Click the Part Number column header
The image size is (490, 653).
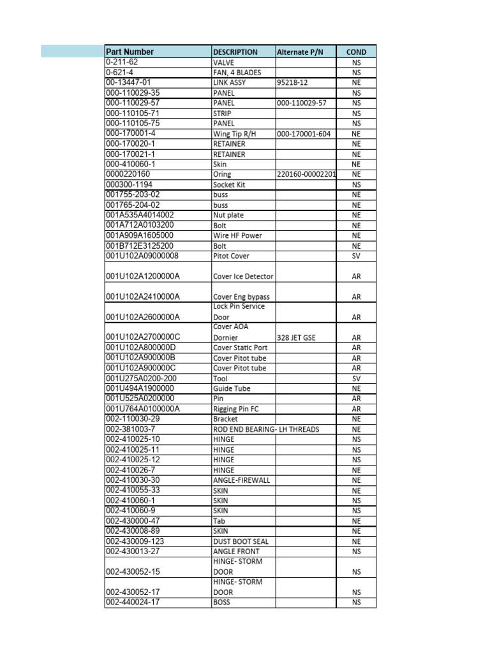coord(130,52)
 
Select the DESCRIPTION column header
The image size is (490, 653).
coord(235,52)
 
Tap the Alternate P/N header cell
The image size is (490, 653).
coord(301,52)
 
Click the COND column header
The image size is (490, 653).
coord(356,52)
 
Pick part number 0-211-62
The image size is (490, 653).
coord(122,62)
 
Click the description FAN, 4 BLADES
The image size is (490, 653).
coord(237,73)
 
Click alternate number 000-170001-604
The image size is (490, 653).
coord(304,134)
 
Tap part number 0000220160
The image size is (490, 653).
coord(128,174)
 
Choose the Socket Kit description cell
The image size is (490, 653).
coord(229,184)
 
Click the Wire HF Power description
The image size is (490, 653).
coord(237,235)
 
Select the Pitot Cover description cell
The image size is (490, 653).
coord(231,256)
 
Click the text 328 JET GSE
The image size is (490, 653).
coord(296,337)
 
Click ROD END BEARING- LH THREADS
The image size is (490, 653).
coord(265,429)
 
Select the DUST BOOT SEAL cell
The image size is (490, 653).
coord(241,541)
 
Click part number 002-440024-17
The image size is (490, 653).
coord(133,602)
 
